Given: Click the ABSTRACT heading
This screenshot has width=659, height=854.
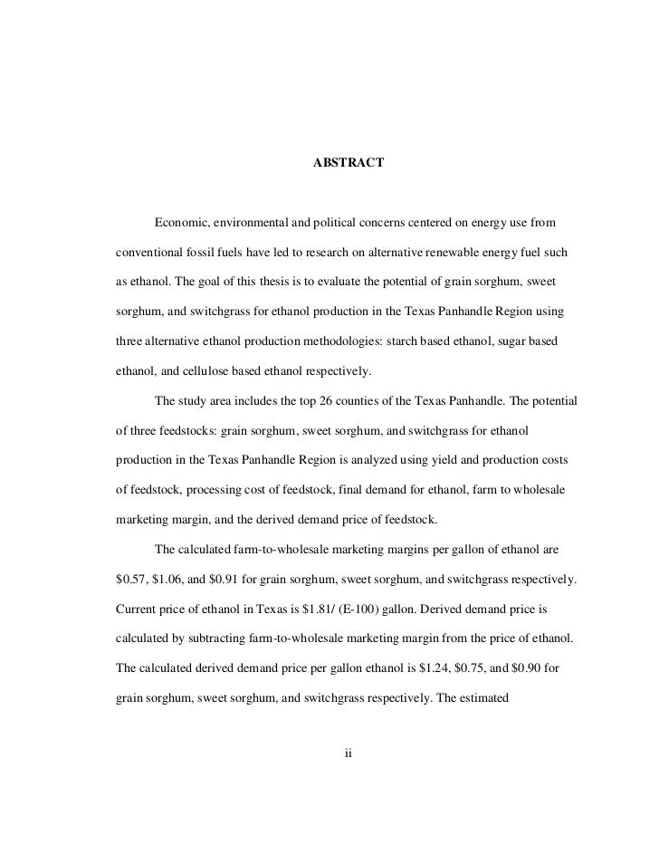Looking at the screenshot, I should click(x=349, y=163).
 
